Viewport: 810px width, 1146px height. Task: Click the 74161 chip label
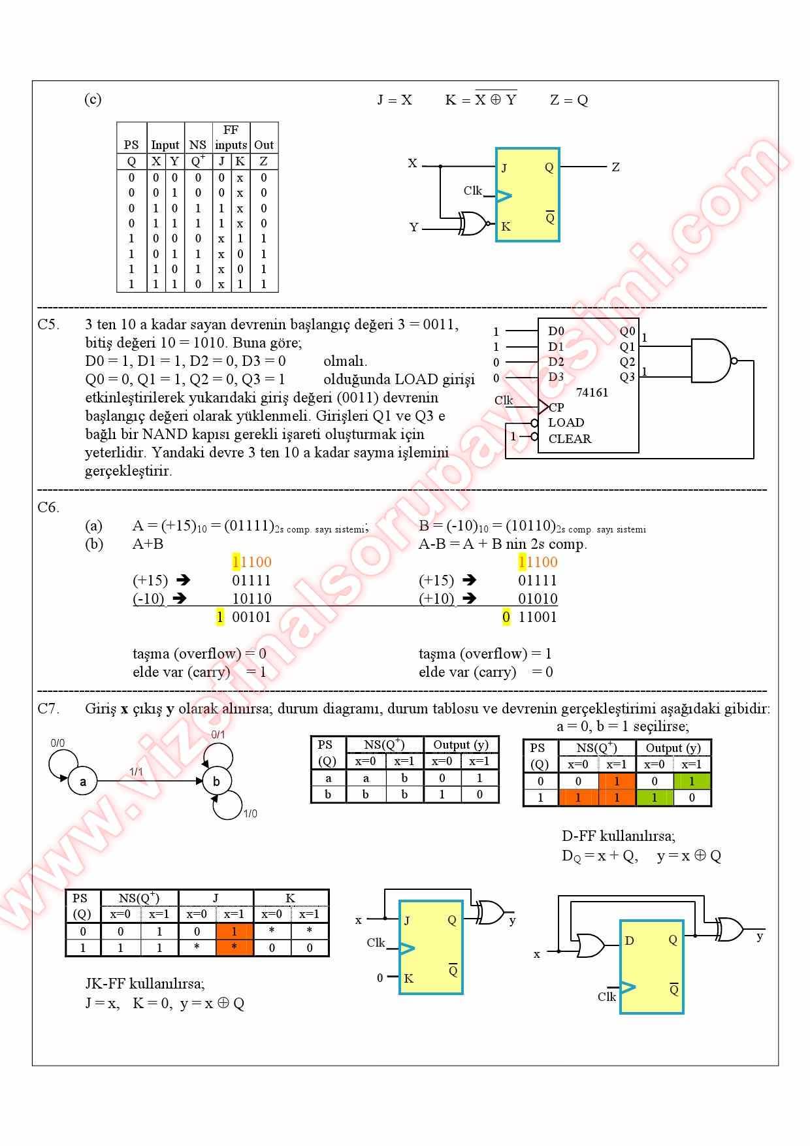[x=592, y=393]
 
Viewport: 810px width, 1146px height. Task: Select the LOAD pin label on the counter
[x=566, y=423]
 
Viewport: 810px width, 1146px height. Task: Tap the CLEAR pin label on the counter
[x=570, y=439]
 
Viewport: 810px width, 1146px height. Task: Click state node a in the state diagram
[x=83, y=781]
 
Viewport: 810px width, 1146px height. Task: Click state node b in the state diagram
[x=216, y=781]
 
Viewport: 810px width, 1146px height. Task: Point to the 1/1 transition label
[x=136, y=772]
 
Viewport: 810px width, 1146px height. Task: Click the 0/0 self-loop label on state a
[x=57, y=743]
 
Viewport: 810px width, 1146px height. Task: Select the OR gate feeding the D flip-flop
[x=591, y=945]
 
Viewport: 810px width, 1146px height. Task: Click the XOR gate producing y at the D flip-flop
[x=729, y=929]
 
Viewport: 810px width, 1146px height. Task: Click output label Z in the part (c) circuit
[x=615, y=167]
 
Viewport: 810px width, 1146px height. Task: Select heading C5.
[x=48, y=325]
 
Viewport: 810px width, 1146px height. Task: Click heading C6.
[x=48, y=507]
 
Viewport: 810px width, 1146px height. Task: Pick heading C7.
[x=48, y=708]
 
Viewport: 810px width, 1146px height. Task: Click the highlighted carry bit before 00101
[x=220, y=617]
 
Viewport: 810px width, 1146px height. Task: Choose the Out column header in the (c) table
[x=264, y=145]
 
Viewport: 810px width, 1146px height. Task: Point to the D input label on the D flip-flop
[x=630, y=941]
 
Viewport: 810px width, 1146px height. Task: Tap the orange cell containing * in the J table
[x=234, y=947]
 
